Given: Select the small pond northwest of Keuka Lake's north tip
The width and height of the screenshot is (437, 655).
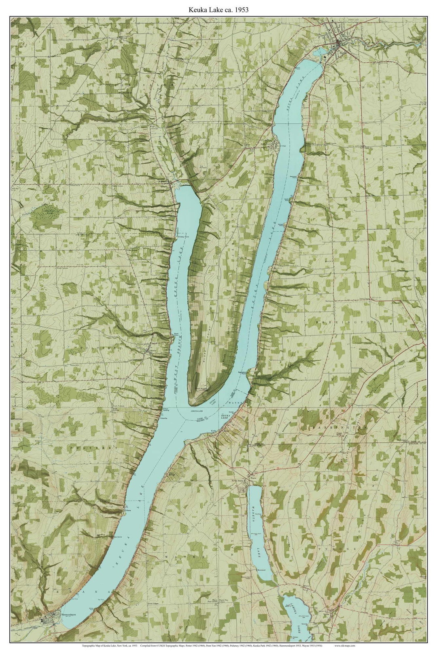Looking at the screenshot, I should (319, 51).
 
